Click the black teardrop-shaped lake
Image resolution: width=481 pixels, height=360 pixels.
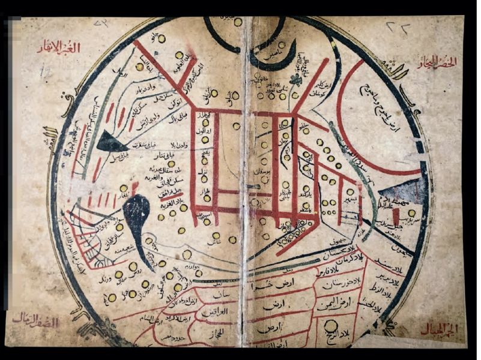[138, 213]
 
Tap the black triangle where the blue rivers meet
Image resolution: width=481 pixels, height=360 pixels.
[110, 142]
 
